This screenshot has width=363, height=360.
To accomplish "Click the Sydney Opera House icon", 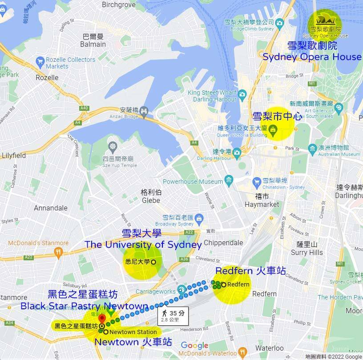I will coord(325,20).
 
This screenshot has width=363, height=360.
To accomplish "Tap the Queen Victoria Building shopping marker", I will coord(273,130).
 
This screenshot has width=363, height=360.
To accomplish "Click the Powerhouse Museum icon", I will coord(229,181).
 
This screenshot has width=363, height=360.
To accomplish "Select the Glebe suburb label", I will coord(151,196).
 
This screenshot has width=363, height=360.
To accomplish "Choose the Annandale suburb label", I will coord(51,208).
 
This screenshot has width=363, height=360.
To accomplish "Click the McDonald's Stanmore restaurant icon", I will coord(58,252).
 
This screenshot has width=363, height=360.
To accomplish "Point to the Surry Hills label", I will coord(307,249).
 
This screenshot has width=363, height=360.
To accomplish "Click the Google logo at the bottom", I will coord(194,346).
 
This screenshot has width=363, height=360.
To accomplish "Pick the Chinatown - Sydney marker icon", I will coord(257,182).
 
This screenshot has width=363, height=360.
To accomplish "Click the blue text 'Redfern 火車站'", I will coord(250,271).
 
